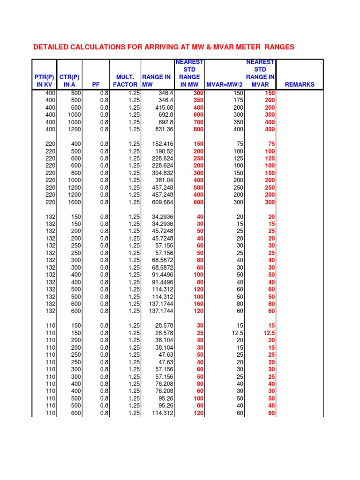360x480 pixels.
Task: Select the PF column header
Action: coord(96,85)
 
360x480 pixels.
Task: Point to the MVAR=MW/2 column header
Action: coord(225,85)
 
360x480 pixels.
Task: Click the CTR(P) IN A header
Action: coord(69,81)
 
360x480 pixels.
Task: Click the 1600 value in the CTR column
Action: coord(74,202)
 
